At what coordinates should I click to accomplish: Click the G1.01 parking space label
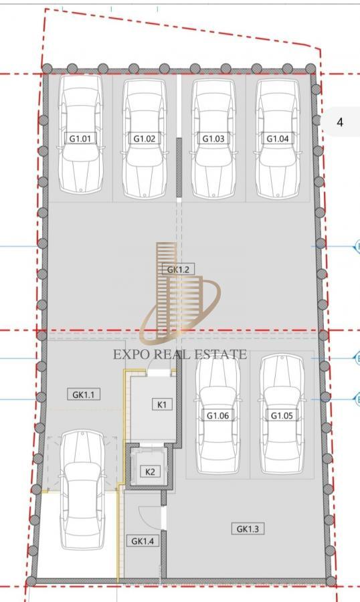(x=80, y=138)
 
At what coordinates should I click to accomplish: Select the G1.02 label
(x=145, y=138)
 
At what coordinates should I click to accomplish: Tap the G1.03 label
(x=213, y=138)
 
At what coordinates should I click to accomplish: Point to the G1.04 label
(x=277, y=138)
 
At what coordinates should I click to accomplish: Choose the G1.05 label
(x=282, y=415)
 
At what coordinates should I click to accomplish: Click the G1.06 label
(x=217, y=415)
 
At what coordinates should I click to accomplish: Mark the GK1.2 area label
(x=178, y=269)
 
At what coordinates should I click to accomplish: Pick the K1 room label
(x=161, y=404)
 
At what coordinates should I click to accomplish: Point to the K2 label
(x=151, y=472)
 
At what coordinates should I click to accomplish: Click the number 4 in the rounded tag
(x=340, y=122)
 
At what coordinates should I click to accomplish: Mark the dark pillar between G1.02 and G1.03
(x=179, y=167)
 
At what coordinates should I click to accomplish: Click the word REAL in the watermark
(x=175, y=355)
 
